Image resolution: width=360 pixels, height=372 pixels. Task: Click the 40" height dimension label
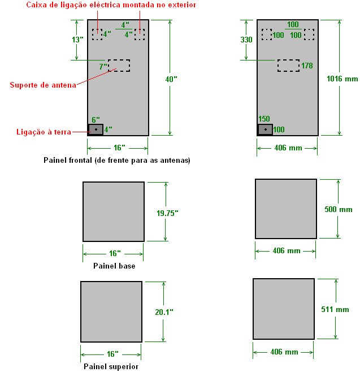coord(171,79)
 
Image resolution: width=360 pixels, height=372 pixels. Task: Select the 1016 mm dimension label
coord(342,79)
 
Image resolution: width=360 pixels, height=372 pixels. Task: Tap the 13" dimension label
coord(77,40)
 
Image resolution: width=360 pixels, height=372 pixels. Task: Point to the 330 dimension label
coord(246,40)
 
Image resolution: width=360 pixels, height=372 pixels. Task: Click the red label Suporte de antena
coord(43,85)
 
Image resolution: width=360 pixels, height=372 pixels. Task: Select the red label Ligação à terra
coord(44,132)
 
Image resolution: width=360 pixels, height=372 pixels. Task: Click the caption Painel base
coord(114,266)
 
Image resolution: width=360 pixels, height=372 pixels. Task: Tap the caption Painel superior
coord(111,366)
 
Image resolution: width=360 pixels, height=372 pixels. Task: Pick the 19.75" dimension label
coord(167,213)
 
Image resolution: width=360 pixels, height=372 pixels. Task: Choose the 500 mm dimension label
coord(339,209)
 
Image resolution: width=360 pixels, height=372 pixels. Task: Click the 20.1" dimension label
coord(164,312)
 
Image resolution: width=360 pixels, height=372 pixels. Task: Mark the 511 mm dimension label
coord(335,309)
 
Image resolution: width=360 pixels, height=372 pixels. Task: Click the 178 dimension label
coord(307,66)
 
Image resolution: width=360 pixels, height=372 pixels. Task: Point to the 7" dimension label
coord(103,67)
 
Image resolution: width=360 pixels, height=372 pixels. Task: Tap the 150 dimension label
coord(264,119)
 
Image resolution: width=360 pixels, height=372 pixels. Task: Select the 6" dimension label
coord(96,120)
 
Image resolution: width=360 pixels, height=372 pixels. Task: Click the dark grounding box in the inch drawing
coord(96,129)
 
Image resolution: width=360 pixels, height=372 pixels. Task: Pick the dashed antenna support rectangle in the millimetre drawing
coord(288,60)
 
